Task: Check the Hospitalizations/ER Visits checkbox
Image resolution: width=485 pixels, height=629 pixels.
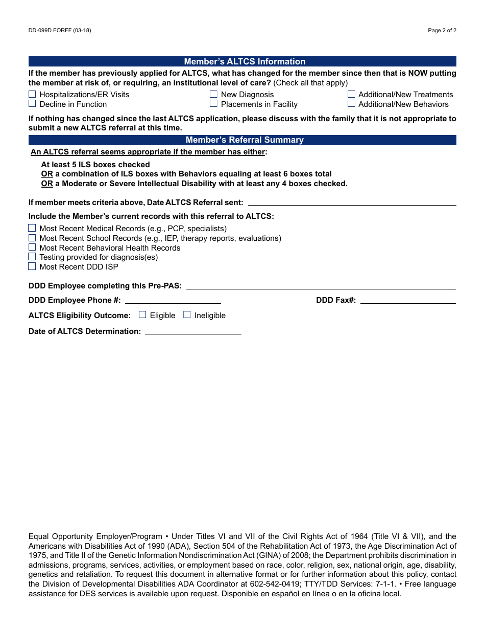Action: [x=32, y=94]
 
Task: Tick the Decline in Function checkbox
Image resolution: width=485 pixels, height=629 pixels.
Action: [x=32, y=104]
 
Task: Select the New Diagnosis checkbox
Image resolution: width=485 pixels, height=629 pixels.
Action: [x=213, y=94]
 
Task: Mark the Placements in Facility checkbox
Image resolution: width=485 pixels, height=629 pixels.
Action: [x=213, y=104]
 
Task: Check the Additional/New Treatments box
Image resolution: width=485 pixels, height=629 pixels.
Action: [x=351, y=94]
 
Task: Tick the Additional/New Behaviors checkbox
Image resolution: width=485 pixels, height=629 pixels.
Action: [x=351, y=104]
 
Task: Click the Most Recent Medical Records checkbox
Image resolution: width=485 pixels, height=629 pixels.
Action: [x=32, y=228]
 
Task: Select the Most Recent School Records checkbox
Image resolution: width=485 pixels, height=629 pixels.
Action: [x=32, y=238]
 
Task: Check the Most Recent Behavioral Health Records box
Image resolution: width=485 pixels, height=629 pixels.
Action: [x=32, y=248]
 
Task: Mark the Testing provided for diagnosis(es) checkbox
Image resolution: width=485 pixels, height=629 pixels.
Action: [x=32, y=257]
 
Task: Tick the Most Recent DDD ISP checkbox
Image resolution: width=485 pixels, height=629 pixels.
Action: [x=32, y=266]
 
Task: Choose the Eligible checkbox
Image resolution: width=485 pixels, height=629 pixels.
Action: [x=142, y=315]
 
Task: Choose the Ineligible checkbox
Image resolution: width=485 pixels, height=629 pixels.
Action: [x=187, y=315]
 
